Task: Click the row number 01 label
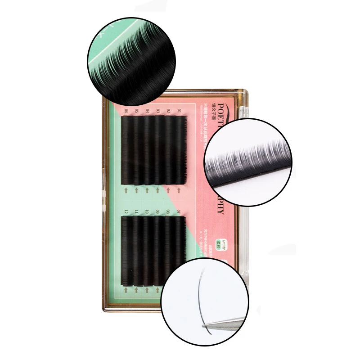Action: tap(180, 110)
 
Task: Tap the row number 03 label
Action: tap(158, 110)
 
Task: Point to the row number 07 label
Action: tap(180, 211)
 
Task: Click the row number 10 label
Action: tap(147, 211)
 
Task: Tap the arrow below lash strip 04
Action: tap(147, 190)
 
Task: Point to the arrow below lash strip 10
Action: tap(147, 290)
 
